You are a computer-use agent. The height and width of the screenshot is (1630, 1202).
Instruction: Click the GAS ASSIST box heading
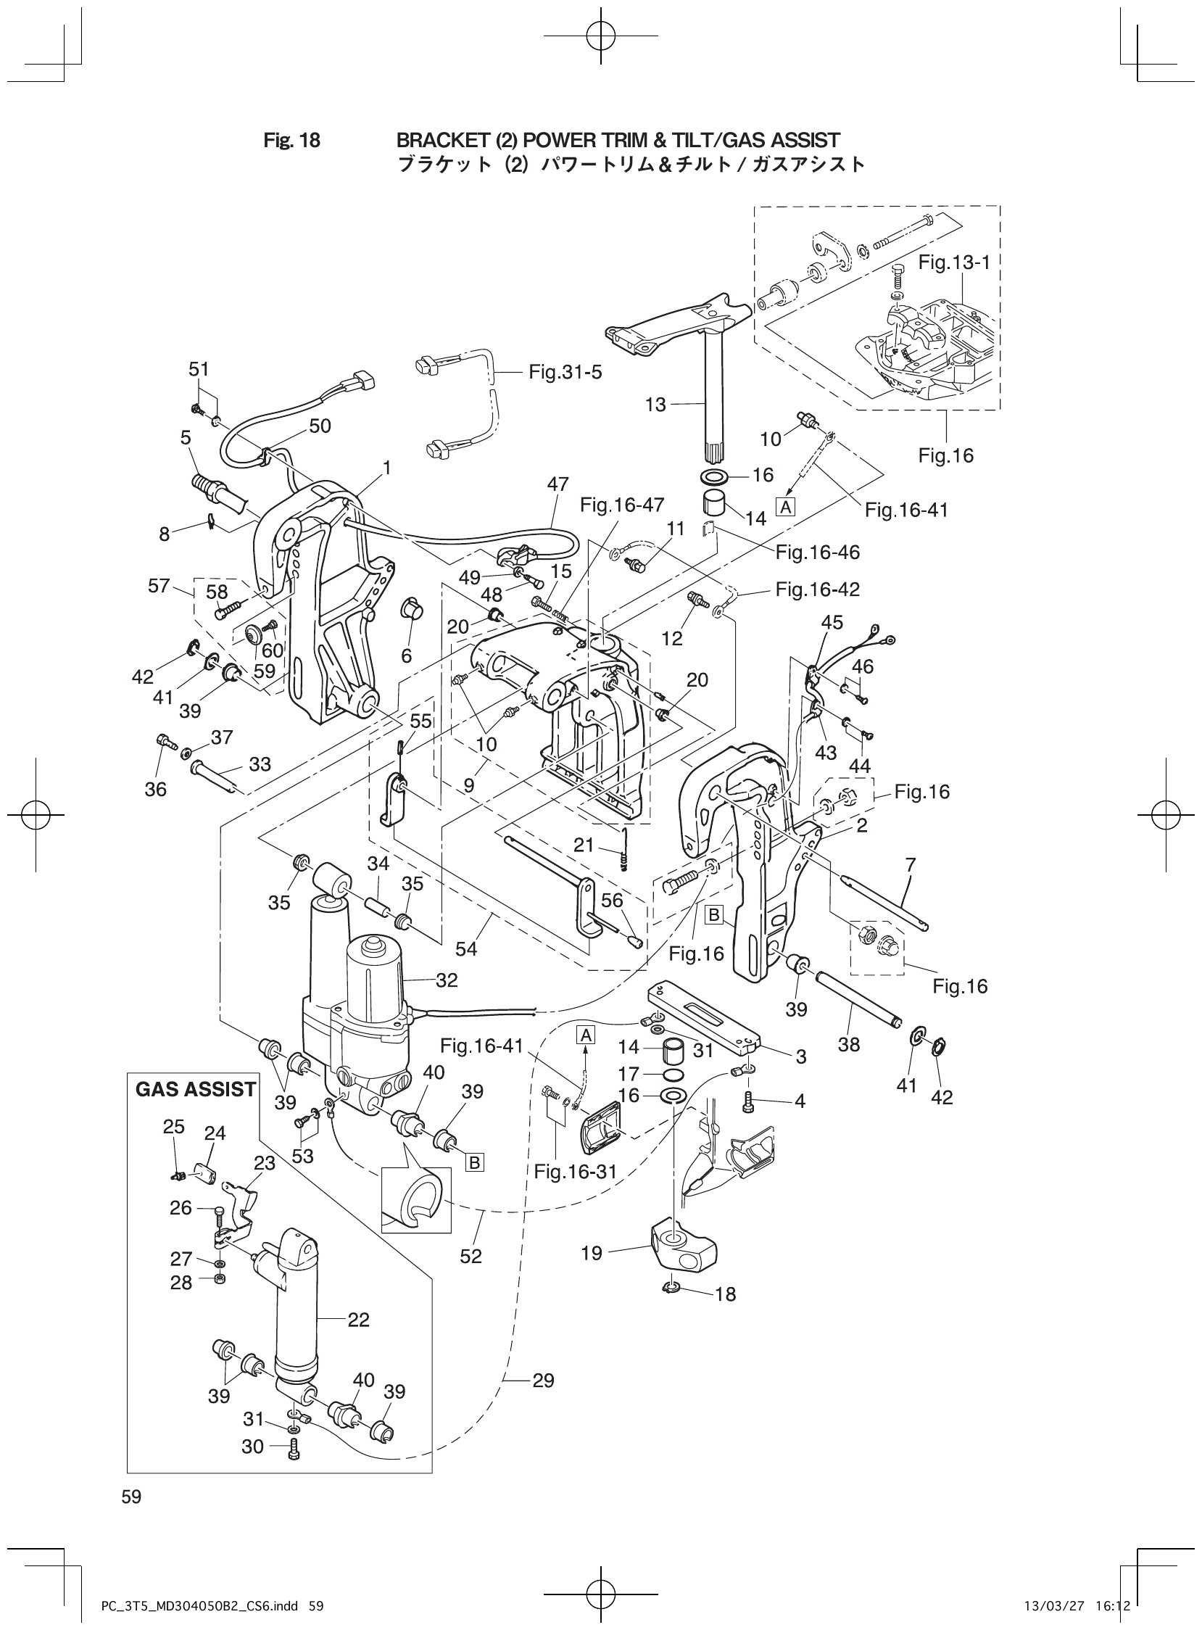[195, 1089]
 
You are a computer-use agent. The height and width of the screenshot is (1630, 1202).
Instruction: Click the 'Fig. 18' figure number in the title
[291, 141]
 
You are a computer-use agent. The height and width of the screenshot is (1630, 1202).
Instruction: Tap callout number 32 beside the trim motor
[447, 980]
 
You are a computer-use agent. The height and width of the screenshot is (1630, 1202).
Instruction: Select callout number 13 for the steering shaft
[655, 405]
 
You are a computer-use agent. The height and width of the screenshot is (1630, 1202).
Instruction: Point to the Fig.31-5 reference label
[565, 373]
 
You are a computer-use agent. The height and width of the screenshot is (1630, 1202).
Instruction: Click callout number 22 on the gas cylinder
[359, 1319]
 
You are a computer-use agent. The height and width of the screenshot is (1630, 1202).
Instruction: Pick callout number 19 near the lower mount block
[592, 1253]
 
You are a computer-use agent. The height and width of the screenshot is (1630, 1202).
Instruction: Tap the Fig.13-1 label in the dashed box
[954, 262]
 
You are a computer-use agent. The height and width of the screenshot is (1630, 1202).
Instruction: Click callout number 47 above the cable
[558, 484]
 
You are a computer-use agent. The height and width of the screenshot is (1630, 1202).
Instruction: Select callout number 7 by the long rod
[911, 865]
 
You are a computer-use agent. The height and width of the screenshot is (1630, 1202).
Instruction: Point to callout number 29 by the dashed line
[544, 1381]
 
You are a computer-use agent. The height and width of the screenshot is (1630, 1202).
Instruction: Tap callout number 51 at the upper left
[199, 369]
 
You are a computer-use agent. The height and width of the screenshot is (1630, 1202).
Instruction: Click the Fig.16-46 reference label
[817, 553]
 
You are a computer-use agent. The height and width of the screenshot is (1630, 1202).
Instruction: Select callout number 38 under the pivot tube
[848, 1045]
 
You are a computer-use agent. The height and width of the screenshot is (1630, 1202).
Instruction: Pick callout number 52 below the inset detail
[471, 1257]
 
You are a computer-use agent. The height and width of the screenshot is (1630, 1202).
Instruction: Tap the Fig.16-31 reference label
[575, 1171]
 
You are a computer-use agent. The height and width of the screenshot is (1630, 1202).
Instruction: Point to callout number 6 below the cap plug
[406, 655]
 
